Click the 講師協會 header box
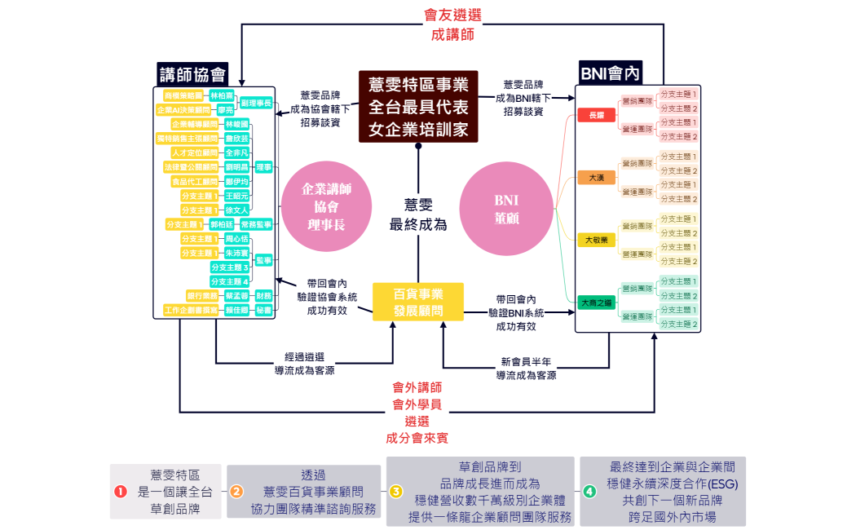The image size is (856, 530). pos(192,74)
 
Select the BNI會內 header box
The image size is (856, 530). pos(610,73)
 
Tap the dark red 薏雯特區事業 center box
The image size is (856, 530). pos(418,106)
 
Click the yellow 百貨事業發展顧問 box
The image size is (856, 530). pos(418,302)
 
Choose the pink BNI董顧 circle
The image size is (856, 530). pos(506,209)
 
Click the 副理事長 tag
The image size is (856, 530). pos(255,103)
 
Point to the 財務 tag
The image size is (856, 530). pos(263,295)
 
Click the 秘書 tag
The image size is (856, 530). pos(263,310)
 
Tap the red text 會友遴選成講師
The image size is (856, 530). pos(452,25)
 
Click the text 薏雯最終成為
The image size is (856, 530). pos(418,214)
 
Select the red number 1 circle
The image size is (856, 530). pos(121,492)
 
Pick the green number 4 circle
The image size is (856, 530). pos(589,492)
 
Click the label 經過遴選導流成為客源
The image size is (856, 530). pos(304,364)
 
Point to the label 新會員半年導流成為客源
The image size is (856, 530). pos(527,369)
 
